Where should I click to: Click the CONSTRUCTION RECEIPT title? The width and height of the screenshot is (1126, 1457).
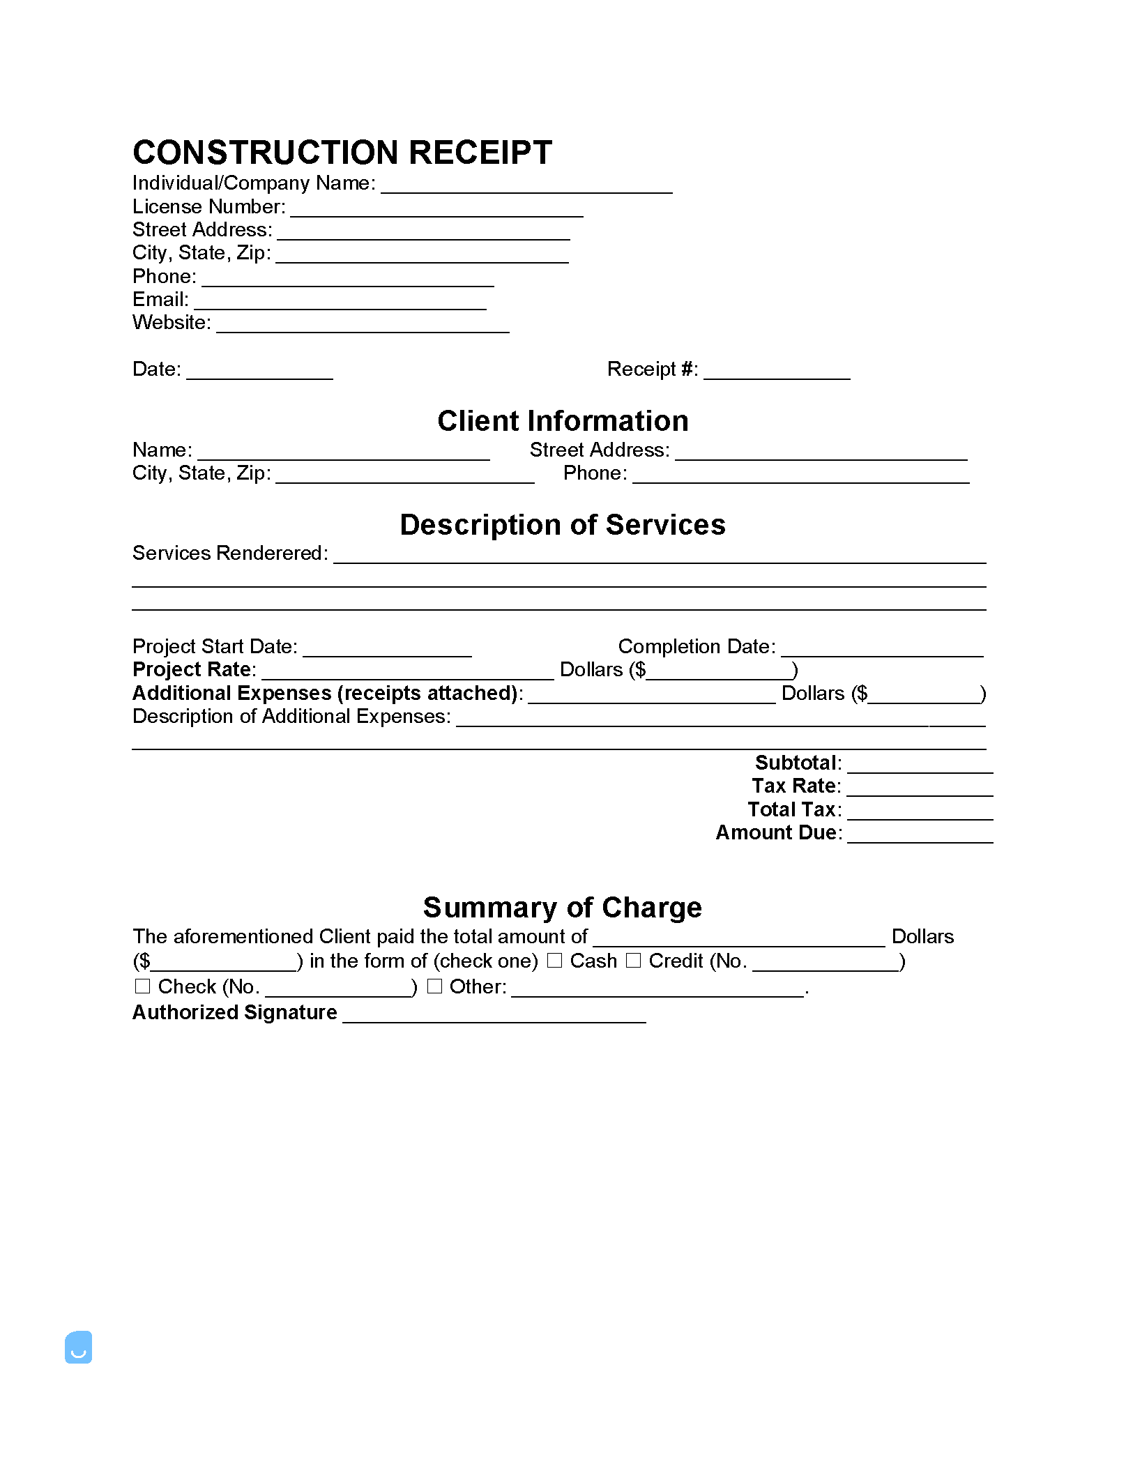click(x=342, y=153)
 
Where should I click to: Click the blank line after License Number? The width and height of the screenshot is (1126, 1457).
click(x=436, y=212)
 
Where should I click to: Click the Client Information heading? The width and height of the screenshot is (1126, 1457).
click(x=563, y=421)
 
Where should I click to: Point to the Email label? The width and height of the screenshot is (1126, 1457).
click(x=160, y=300)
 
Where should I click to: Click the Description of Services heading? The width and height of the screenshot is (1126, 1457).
click(x=563, y=525)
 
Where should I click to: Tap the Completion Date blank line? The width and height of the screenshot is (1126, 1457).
click(x=882, y=651)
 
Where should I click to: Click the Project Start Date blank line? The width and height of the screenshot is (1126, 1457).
click(x=388, y=651)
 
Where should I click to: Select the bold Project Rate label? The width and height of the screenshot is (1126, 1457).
click(x=193, y=670)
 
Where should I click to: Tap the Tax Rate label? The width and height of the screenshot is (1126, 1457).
click(x=796, y=786)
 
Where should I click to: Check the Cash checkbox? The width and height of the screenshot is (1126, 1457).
click(x=554, y=961)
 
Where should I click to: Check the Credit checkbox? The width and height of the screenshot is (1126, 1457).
click(x=633, y=961)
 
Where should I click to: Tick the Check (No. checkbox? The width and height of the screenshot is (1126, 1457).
click(x=142, y=986)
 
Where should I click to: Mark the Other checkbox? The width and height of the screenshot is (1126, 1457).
click(x=434, y=986)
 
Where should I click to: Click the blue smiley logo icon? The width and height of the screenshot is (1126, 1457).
click(x=78, y=1347)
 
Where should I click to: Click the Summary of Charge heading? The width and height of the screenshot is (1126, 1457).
click(x=563, y=908)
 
